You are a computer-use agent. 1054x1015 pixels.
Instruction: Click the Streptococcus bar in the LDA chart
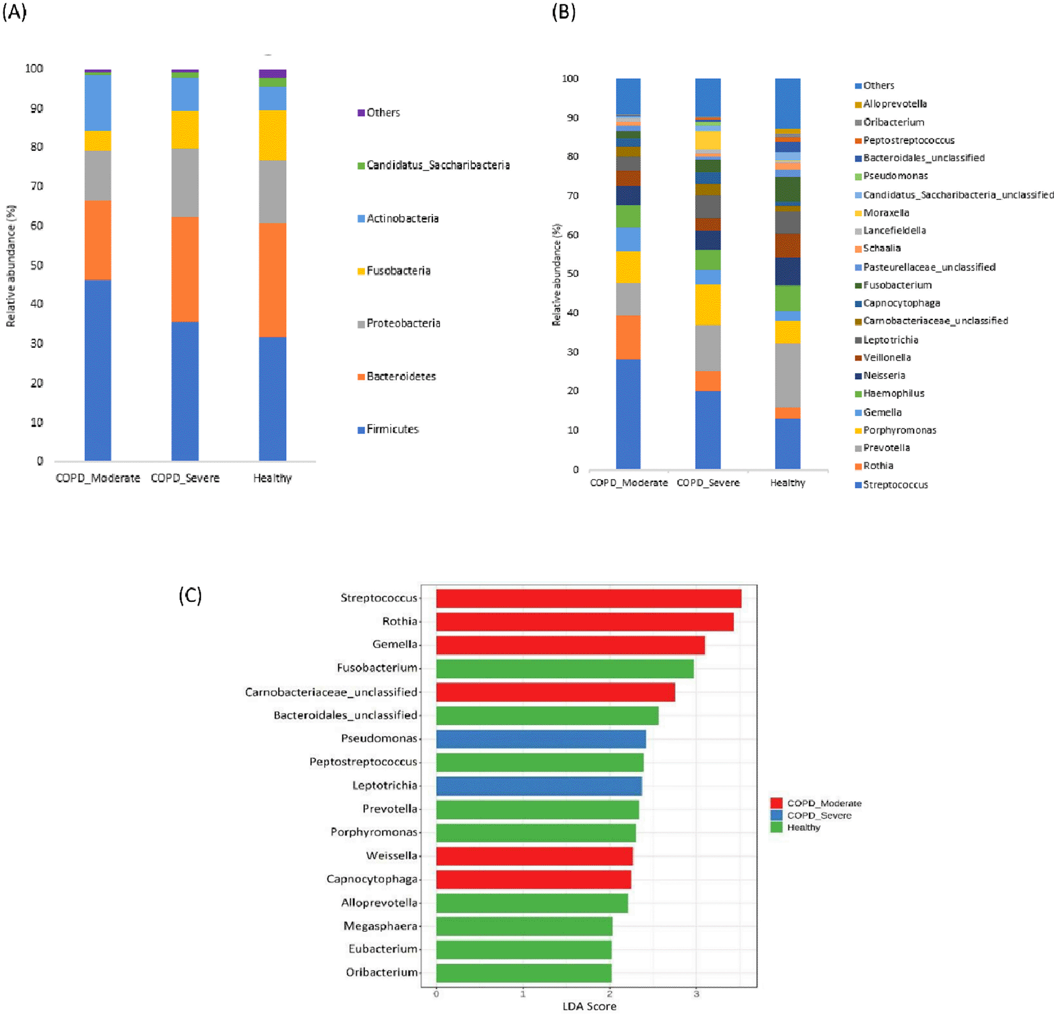coord(588,598)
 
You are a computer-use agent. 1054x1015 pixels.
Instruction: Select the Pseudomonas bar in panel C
coord(541,739)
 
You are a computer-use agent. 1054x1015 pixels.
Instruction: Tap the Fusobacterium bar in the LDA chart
coord(565,668)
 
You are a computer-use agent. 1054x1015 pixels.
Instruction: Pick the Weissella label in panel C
coord(391,856)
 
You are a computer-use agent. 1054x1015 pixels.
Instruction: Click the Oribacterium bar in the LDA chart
coord(524,973)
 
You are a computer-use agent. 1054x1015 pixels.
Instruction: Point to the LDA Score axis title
coord(589,1006)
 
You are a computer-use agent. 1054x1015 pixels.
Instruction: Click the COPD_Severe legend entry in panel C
coord(819,816)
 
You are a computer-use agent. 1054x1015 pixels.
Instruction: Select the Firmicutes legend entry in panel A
coord(392,429)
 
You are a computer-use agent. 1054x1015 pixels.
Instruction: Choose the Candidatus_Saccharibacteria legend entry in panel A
coord(437,165)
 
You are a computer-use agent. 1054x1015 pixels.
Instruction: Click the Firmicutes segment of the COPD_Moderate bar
coord(98,369)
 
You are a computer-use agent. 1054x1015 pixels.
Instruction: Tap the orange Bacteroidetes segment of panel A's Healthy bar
coord(273,280)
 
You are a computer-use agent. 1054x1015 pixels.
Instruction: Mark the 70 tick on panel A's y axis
coord(37,186)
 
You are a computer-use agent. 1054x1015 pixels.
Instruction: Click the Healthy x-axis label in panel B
coord(787,483)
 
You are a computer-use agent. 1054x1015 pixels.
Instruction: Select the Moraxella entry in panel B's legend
coord(885,213)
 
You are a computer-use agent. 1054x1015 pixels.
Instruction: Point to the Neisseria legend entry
coord(884,375)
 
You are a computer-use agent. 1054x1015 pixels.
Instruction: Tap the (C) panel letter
coord(190,595)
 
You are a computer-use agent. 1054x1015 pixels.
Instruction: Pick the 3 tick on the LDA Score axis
coord(697,993)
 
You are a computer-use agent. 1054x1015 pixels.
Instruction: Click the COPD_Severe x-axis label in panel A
coord(185,478)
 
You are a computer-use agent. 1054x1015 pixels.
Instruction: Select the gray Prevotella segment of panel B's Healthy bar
coord(788,375)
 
